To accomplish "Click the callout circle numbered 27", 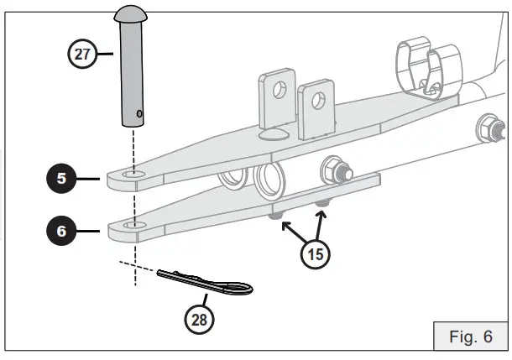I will coord(81,55).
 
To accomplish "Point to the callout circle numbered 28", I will coord(200,319).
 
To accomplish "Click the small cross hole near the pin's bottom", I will coord(138,113).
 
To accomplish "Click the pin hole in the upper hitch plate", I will coord(132,175).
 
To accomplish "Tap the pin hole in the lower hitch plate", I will coord(133,225).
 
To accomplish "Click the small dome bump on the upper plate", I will coord(274,134).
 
